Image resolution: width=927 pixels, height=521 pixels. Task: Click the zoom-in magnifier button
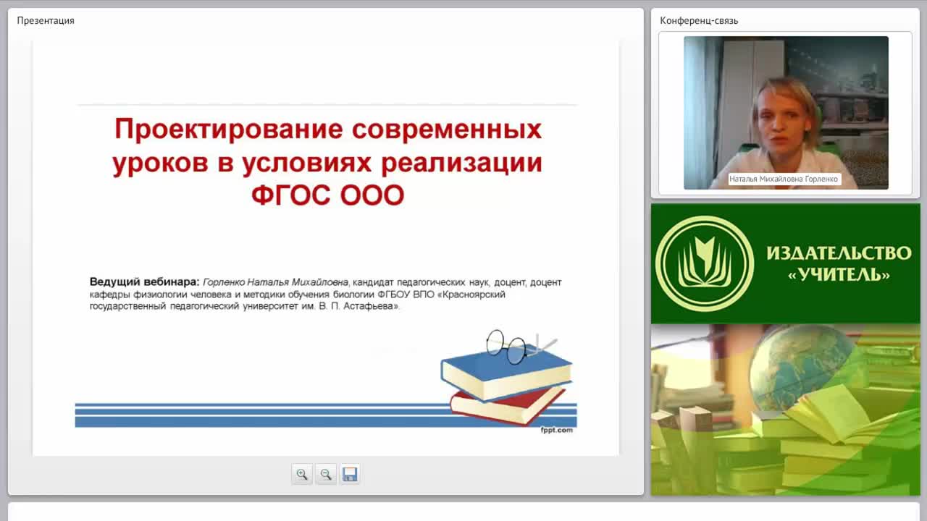coord(302,474)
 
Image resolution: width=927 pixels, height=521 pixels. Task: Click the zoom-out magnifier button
coord(326,474)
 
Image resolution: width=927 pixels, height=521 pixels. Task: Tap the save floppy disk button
coord(350,474)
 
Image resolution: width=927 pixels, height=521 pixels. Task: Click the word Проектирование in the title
coord(228,130)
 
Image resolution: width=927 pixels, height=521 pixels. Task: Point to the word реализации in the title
coord(461,164)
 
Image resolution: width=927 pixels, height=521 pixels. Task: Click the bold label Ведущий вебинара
coord(144,282)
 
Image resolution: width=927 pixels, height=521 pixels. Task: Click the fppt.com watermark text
coord(557,430)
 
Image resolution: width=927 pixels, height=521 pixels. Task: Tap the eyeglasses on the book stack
coord(521,347)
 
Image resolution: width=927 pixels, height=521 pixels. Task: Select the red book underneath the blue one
coord(508,406)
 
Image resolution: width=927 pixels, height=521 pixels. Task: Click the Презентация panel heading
coord(46,21)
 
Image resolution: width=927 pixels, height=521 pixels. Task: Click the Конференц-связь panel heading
coord(699,21)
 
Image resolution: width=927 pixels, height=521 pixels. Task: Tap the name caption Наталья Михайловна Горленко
coord(784,179)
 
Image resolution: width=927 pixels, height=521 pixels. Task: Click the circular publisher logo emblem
coord(705,264)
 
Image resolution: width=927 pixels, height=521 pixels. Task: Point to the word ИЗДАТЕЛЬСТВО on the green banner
coord(839,253)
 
